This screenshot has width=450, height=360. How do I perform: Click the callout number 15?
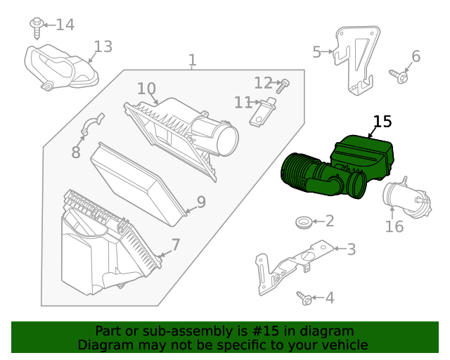click(382, 122)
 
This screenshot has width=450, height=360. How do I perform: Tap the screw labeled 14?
click(37, 26)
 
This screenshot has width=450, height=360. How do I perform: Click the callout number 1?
click(192, 60)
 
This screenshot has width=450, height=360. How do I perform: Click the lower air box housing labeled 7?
click(105, 246)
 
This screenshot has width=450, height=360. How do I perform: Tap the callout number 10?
click(146, 89)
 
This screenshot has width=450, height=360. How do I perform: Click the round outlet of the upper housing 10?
click(228, 136)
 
